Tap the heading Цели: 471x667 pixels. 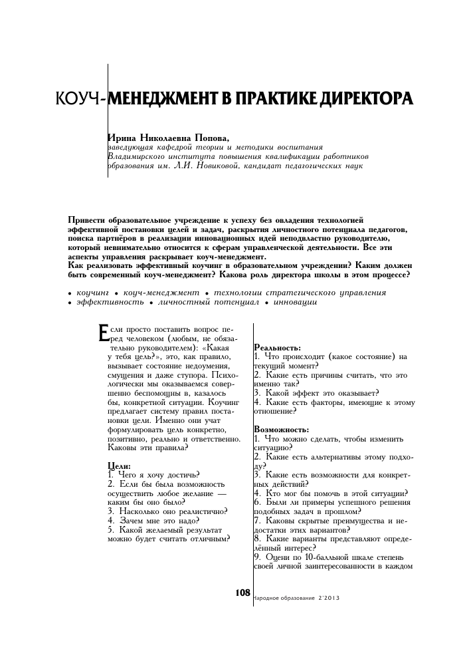tap(119, 466)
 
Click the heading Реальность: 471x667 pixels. tap(277, 348)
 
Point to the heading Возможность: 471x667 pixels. tap(281, 430)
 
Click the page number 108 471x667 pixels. tap(242, 592)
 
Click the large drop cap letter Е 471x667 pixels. tap(102, 333)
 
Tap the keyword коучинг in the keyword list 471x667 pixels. tap(92, 293)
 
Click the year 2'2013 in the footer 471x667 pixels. tap(328, 597)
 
